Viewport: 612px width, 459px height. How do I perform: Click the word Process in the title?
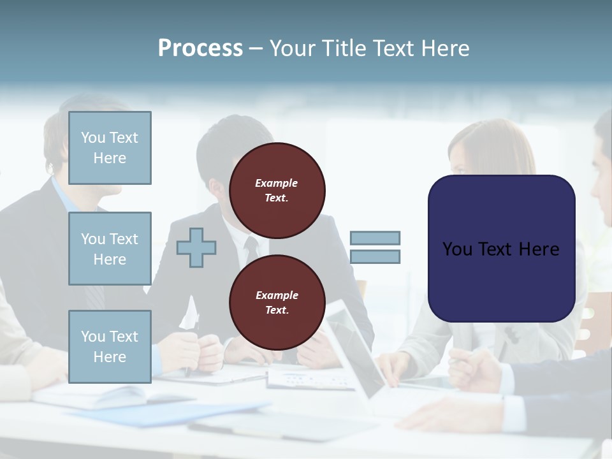pyautogui.click(x=200, y=48)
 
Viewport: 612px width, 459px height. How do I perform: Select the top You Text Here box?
pyautogui.click(x=110, y=148)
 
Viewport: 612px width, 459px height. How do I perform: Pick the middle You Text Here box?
pyautogui.click(x=110, y=249)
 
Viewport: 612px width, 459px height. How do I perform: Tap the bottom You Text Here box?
pyautogui.click(x=110, y=347)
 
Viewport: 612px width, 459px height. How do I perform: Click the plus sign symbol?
pyautogui.click(x=196, y=247)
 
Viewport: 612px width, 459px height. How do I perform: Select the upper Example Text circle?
pyautogui.click(x=277, y=191)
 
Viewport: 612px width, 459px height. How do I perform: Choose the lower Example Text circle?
pyautogui.click(x=277, y=303)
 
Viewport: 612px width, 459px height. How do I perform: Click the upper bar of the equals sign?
pyautogui.click(x=375, y=238)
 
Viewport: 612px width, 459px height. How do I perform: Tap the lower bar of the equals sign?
pyautogui.click(x=375, y=257)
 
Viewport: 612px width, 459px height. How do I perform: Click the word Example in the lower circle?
pyautogui.click(x=277, y=295)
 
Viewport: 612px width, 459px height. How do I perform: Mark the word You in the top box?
pyautogui.click(x=93, y=138)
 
